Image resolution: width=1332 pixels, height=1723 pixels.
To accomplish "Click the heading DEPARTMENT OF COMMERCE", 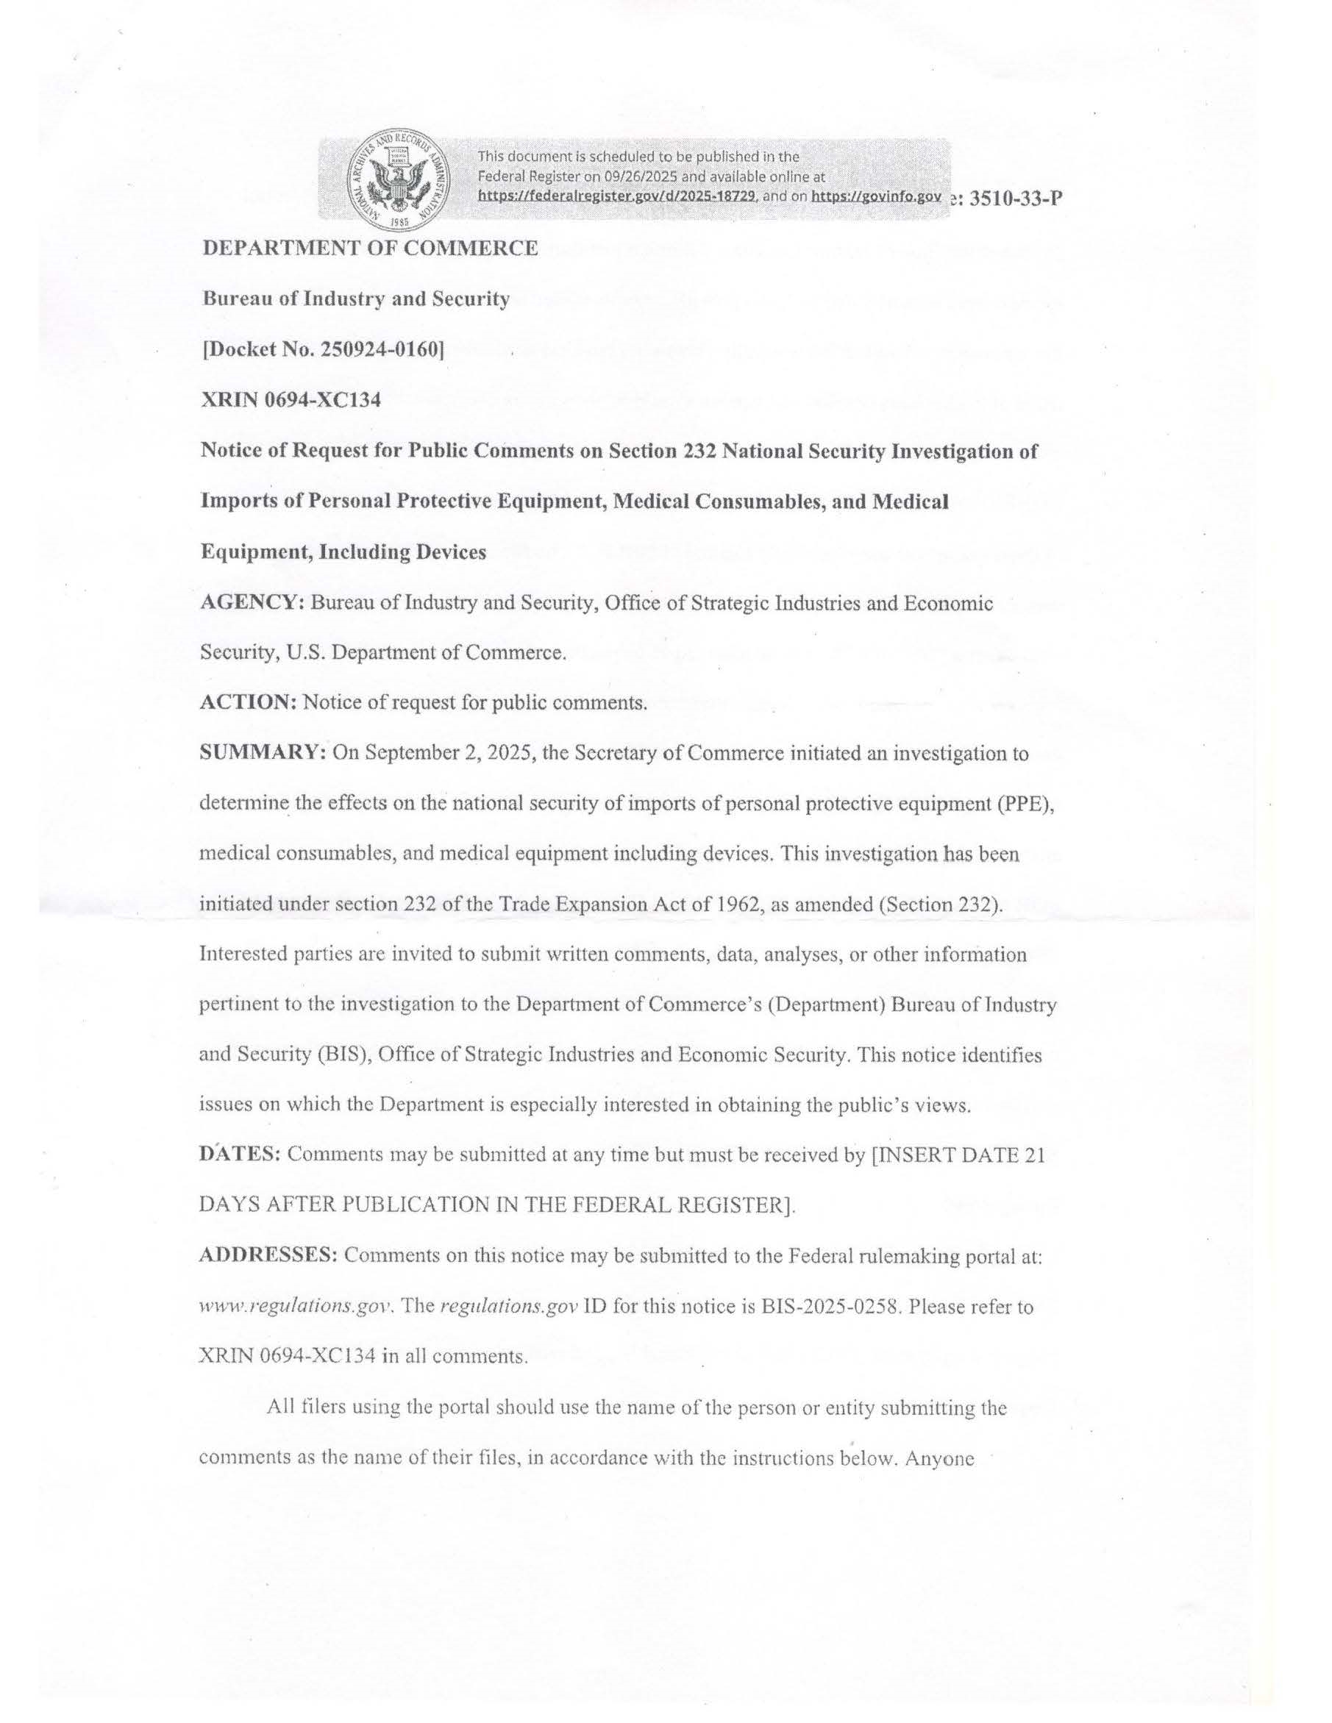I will pos(370,249).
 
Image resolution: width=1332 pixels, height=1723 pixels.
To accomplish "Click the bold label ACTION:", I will pos(249,703).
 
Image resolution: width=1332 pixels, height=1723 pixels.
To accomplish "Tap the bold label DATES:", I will pos(240,1155).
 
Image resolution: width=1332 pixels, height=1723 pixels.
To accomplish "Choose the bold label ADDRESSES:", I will pos(269,1255).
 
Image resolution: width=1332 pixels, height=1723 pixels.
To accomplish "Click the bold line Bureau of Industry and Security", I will pos(356,299).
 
